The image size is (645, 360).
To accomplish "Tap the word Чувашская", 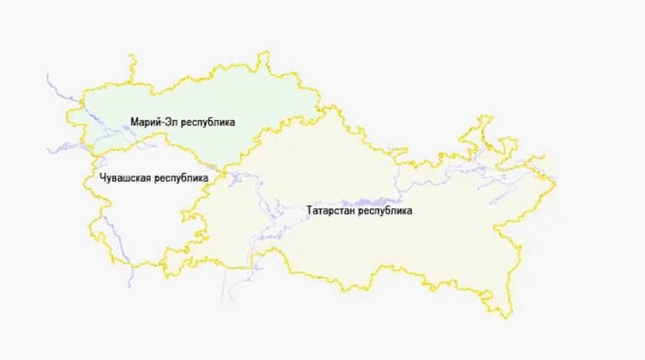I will (x=126, y=178).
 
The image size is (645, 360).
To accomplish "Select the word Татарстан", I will (x=331, y=210).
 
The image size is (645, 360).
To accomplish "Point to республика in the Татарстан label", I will (x=385, y=210).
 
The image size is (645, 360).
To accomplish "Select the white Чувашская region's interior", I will (x=138, y=215).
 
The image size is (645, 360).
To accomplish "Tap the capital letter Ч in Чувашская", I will (x=103, y=178).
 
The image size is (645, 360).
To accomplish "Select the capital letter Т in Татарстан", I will (x=309, y=210).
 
